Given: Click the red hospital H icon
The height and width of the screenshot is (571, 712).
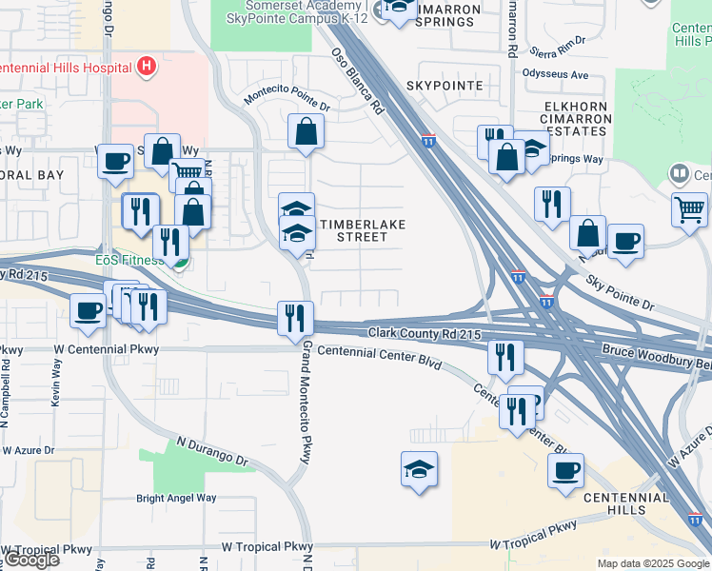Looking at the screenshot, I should coord(147,67).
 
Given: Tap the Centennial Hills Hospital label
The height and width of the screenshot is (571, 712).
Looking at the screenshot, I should coord(65,68).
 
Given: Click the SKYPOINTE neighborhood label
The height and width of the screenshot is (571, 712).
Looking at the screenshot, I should coord(445,86).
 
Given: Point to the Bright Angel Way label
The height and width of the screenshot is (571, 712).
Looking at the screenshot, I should coord(176,498).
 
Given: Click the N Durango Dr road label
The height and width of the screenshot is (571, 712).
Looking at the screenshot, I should coord(211,452).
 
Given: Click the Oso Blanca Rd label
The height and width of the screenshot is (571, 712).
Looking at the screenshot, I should coord(357,83).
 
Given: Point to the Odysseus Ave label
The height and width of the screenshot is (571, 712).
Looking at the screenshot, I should coord(556,74).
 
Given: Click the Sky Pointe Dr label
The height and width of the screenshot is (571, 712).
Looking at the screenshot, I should coord(621,295).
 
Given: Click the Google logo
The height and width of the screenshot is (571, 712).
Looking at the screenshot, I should coord(30,560).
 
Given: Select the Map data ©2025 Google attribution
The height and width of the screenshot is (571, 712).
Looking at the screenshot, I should coord(653,563).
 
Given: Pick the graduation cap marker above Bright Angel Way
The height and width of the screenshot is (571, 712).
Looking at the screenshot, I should coord(418,469).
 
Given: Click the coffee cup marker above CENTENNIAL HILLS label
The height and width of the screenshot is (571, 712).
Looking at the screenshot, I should coord(565,469).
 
